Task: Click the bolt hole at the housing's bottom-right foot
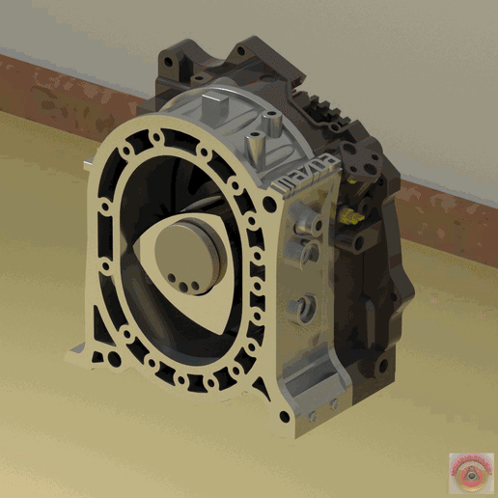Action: tap(284, 417)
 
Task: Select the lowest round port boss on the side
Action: tap(307, 309)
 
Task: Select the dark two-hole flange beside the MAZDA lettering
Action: tap(342, 163)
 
